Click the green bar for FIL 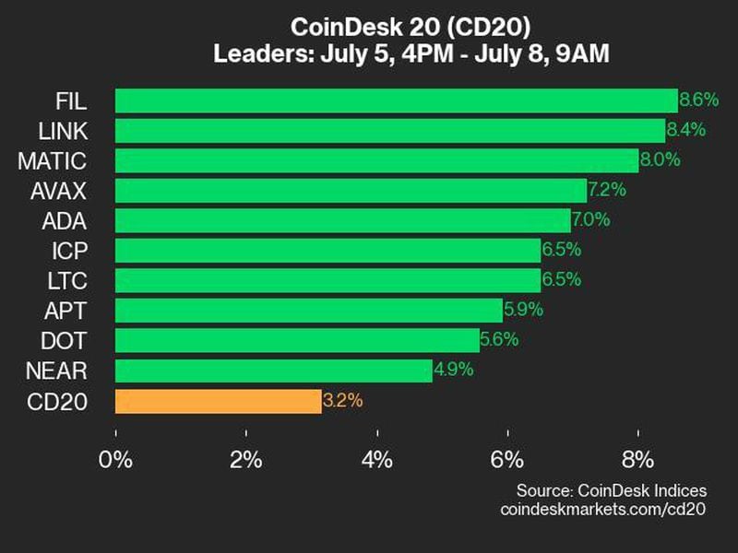pyautogui.click(x=397, y=100)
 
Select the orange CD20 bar pyautogui.click(x=219, y=401)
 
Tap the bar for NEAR pyautogui.click(x=274, y=371)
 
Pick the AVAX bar pyautogui.click(x=351, y=191)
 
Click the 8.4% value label pyautogui.click(x=685, y=130)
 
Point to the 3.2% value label pyautogui.click(x=342, y=401)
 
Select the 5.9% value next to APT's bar pyautogui.click(x=523, y=311)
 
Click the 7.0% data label pyautogui.click(x=590, y=220)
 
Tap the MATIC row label pyautogui.click(x=52, y=160)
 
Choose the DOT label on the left pyautogui.click(x=65, y=341)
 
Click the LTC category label pyautogui.click(x=65, y=280)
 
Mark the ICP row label pyautogui.click(x=68, y=251)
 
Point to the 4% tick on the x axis pyautogui.click(x=377, y=459)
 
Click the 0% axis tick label pyautogui.click(x=115, y=459)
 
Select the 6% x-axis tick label pyautogui.click(x=508, y=459)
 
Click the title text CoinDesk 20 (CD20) pyautogui.click(x=404, y=25)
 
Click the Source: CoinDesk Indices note pyautogui.click(x=611, y=489)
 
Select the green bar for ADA pyautogui.click(x=342, y=220)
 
